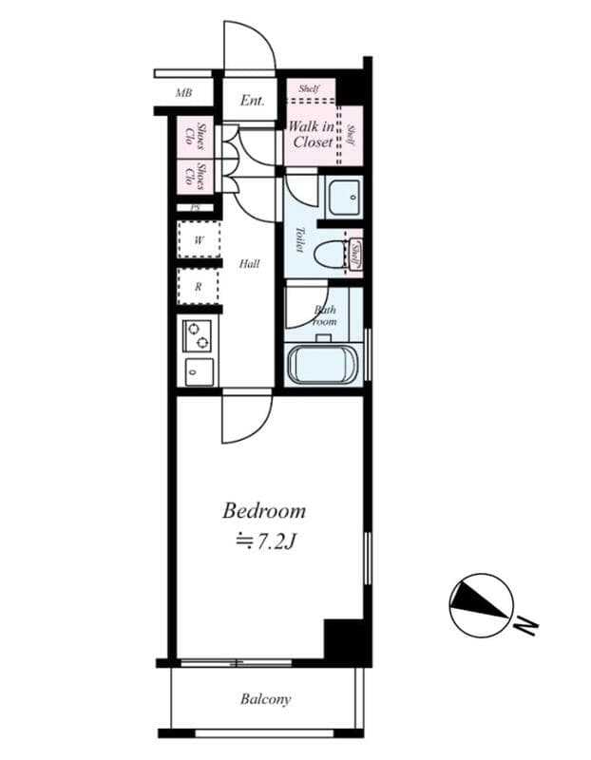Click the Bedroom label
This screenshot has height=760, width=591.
[264, 510]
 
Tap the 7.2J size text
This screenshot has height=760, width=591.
[268, 541]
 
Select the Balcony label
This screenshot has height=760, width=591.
[265, 700]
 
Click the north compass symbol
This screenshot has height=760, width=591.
[482, 605]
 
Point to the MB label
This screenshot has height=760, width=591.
[184, 93]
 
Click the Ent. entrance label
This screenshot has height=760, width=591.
[252, 100]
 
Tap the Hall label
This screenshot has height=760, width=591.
[249, 263]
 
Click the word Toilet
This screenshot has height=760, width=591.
[298, 238]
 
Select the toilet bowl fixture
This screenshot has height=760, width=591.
[330, 255]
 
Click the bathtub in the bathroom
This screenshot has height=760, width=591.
[321, 366]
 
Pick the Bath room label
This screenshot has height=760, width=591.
[325, 315]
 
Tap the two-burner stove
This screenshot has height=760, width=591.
[200, 336]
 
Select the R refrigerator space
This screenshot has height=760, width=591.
[199, 286]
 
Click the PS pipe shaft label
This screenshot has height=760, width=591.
[195, 207]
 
